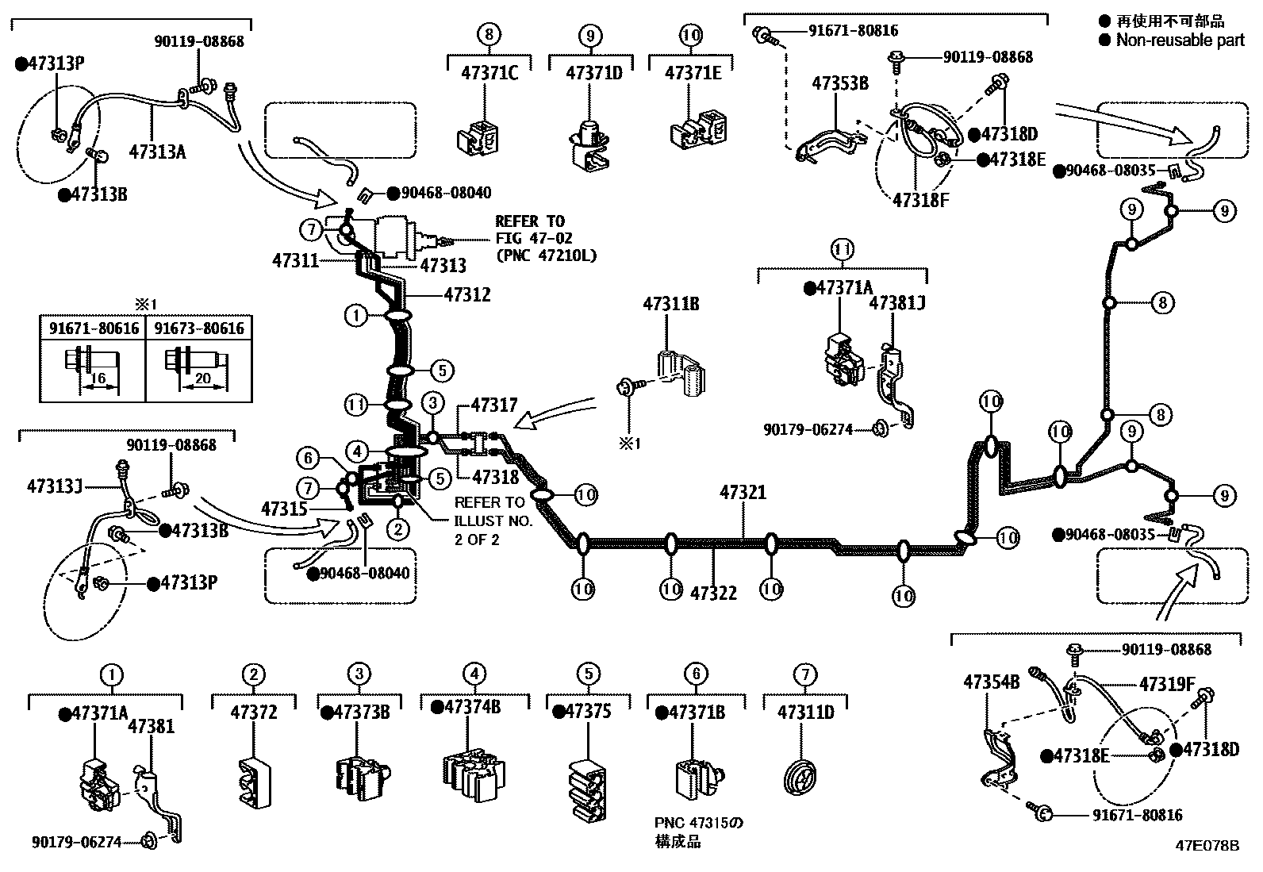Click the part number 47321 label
tap(743, 493)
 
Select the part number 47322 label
tap(713, 593)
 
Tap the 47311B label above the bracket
tap(670, 304)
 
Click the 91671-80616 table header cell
tap(93, 328)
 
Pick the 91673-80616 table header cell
tap(198, 328)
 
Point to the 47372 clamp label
tap(254, 713)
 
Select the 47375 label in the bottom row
tap(588, 712)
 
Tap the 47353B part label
tap(840, 83)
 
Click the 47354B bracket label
tap(992, 682)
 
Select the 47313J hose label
tap(55, 486)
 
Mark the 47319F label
tap(1166, 683)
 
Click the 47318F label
tap(920, 200)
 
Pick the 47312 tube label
tap(467, 295)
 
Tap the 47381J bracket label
tap(897, 304)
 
